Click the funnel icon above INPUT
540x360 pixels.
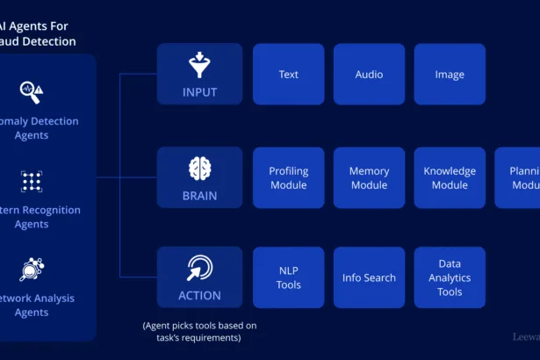pyautogui.click(x=199, y=65)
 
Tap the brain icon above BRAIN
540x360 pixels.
pyautogui.click(x=199, y=168)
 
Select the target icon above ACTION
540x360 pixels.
pyautogui.click(x=199, y=268)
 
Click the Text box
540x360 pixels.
pyautogui.click(x=288, y=75)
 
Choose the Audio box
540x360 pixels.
pyautogui.click(x=369, y=75)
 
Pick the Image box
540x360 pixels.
pyautogui.click(x=450, y=75)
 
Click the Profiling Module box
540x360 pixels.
pyautogui.click(x=288, y=178)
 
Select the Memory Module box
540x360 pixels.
pyautogui.click(x=369, y=178)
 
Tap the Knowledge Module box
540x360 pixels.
pyautogui.click(x=450, y=178)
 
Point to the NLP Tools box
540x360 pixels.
pyautogui.click(x=288, y=277)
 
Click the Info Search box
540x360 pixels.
pyautogui.click(x=369, y=277)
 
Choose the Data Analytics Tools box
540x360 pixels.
pyautogui.click(x=450, y=277)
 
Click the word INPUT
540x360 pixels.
pyautogui.click(x=199, y=92)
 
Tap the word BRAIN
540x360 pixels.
pyautogui.click(x=199, y=195)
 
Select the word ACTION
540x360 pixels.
pyautogui.click(x=199, y=295)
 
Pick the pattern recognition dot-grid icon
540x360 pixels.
pyautogui.click(x=32, y=182)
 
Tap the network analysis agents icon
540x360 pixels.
pyautogui.click(x=32, y=270)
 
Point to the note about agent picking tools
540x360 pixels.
pyautogui.click(x=199, y=332)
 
